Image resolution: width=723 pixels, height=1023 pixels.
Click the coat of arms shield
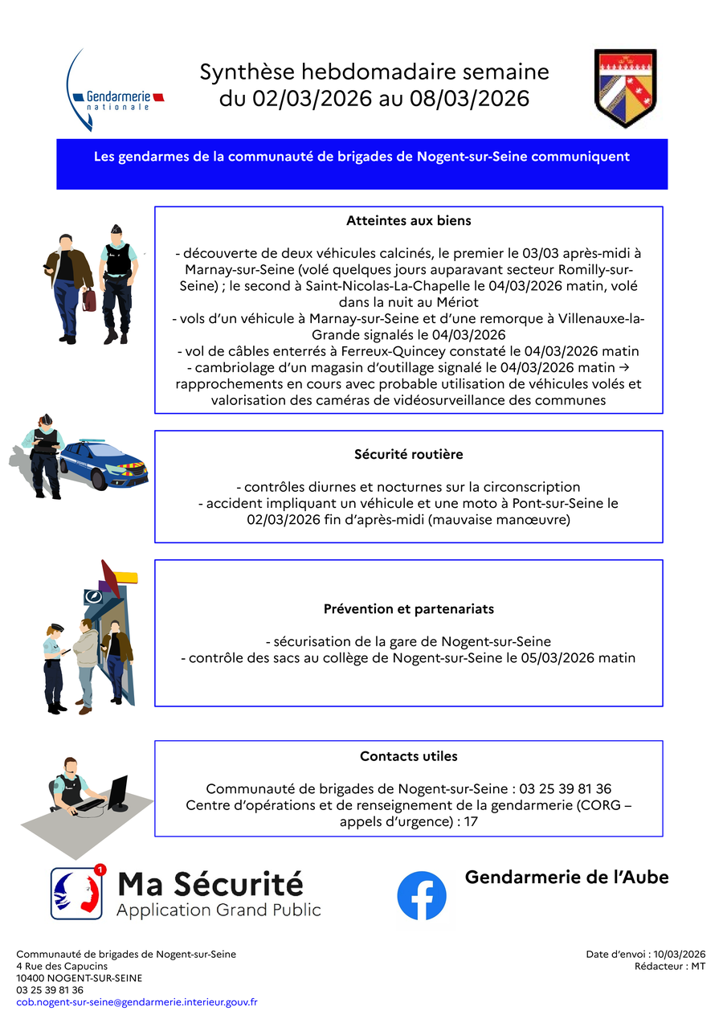pos(626,88)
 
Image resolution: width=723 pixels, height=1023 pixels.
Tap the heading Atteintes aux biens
pos(408,220)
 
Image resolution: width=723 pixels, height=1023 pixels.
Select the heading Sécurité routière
pos(408,454)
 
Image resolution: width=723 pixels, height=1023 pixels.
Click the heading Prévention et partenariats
pos(408,609)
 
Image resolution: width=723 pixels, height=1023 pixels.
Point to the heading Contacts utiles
pos(408,756)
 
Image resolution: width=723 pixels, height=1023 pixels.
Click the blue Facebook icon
pos(422,895)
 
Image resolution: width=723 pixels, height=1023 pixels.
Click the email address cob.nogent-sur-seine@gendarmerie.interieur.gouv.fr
pos(137,1002)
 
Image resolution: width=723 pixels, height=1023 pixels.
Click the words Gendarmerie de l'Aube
pos(566,877)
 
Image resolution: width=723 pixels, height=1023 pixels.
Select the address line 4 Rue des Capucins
pos(62,966)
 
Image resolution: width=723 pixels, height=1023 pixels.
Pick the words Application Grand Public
pos(219,910)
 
